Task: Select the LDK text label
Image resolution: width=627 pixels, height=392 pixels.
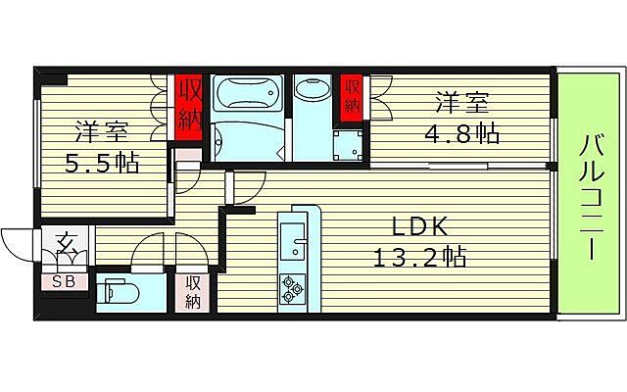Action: tap(419, 227)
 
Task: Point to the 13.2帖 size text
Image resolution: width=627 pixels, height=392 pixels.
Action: tap(419, 258)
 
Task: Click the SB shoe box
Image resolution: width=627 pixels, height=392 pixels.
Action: tap(64, 281)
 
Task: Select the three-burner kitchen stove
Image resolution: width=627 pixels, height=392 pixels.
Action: tap(293, 287)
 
